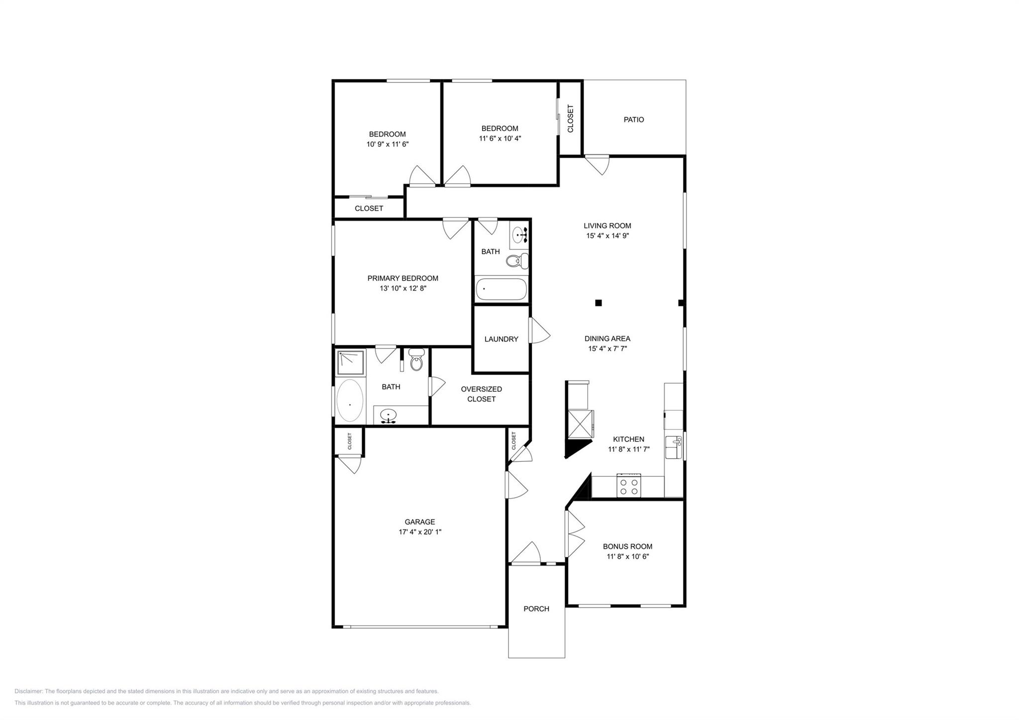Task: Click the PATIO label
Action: pyautogui.click(x=633, y=119)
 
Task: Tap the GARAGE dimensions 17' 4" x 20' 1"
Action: pyautogui.click(x=419, y=532)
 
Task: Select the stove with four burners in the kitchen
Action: pyautogui.click(x=628, y=486)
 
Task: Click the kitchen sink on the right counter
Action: pyautogui.click(x=674, y=447)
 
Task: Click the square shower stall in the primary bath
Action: pyautogui.click(x=350, y=362)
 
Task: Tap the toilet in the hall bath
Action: pyautogui.click(x=517, y=260)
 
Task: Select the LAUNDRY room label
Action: pyautogui.click(x=501, y=339)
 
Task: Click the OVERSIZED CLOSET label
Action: pyautogui.click(x=481, y=394)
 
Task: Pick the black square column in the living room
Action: pyautogui.click(x=599, y=303)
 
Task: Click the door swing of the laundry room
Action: pyautogui.click(x=539, y=331)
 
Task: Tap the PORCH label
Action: pyautogui.click(x=536, y=609)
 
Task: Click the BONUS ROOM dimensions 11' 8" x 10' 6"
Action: pyautogui.click(x=627, y=556)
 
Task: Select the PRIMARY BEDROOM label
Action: pyautogui.click(x=403, y=278)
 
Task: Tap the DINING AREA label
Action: pyautogui.click(x=607, y=338)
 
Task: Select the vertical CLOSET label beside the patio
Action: pyautogui.click(x=570, y=118)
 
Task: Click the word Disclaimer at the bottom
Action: pyautogui.click(x=29, y=691)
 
